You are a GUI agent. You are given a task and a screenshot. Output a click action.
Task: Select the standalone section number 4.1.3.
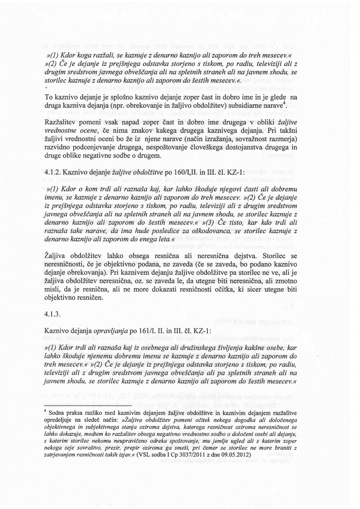click(x=52, y=314)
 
